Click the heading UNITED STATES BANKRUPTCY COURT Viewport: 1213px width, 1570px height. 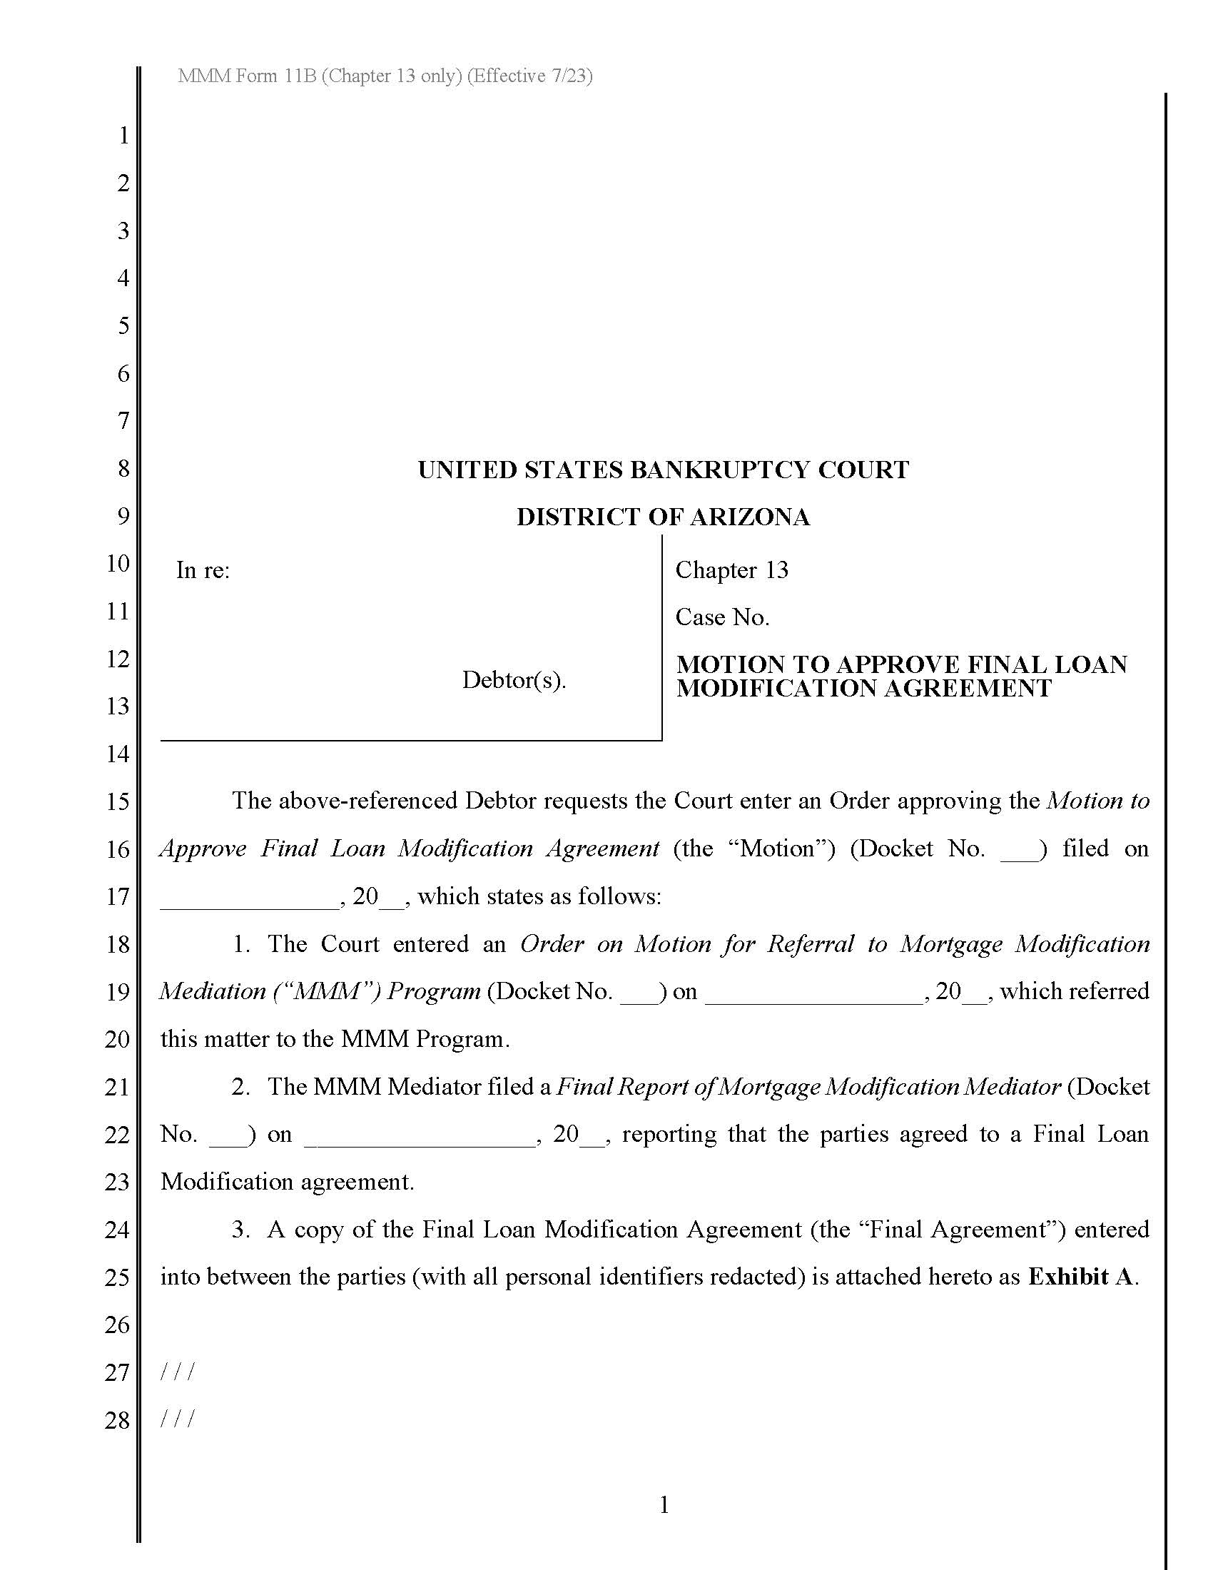coord(664,470)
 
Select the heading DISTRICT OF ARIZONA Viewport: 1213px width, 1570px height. coord(664,517)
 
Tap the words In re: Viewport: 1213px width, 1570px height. coord(203,570)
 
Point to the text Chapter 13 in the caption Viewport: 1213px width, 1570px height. coord(731,570)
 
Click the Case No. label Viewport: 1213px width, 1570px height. coord(722,617)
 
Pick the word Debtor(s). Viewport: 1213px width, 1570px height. coord(514,680)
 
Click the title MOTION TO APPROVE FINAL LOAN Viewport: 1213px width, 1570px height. coord(901,664)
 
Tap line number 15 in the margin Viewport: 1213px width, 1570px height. coord(117,801)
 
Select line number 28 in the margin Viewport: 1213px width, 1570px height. coord(117,1420)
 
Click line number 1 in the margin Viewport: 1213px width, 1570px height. coord(123,135)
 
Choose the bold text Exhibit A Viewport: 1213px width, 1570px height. coord(1083,1277)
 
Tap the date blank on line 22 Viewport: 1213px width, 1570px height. coord(420,1143)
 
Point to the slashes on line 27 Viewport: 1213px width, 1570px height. coord(177,1373)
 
